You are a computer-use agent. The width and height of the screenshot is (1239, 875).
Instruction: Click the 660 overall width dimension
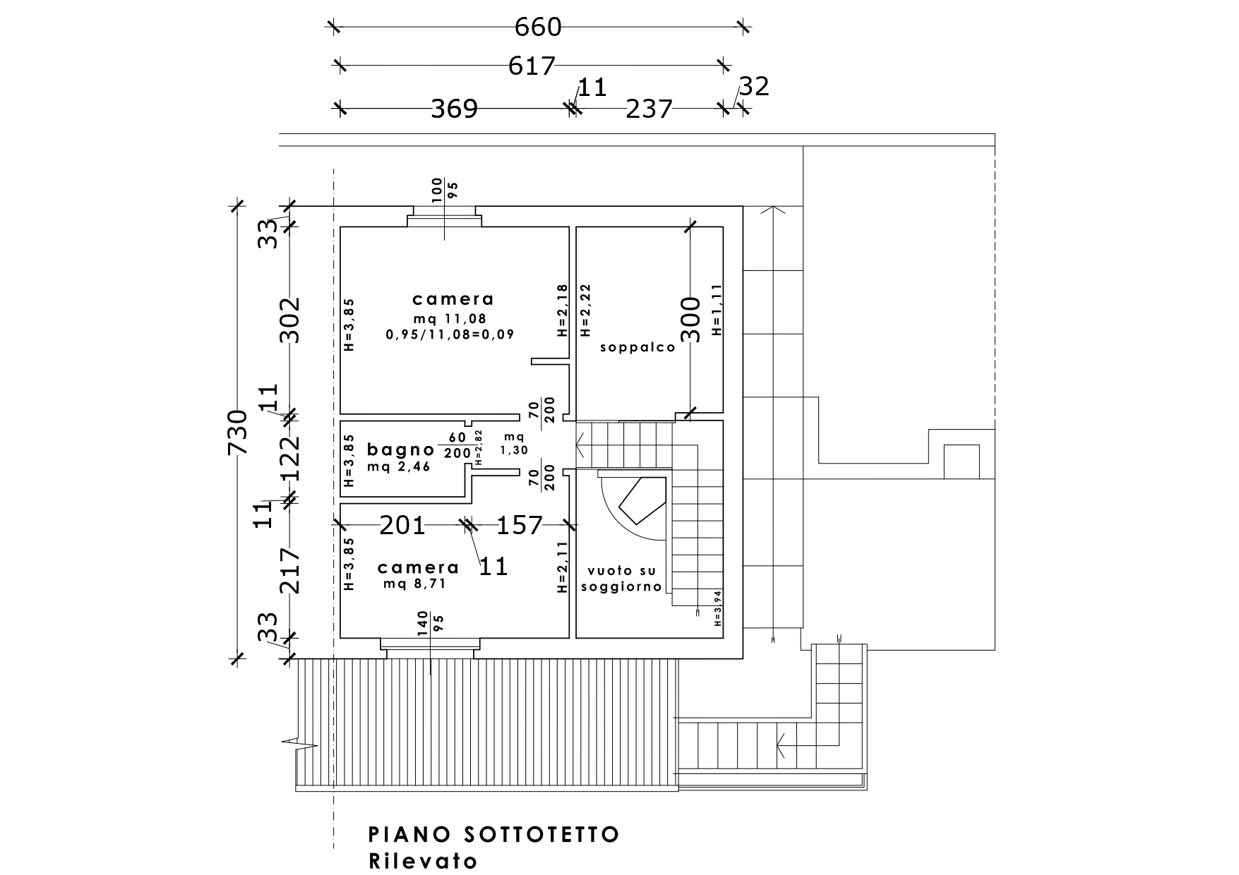pyautogui.click(x=538, y=27)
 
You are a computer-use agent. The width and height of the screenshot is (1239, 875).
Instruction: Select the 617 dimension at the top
pyautogui.click(x=532, y=66)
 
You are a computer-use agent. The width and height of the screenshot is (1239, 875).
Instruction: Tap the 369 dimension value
pyautogui.click(x=455, y=109)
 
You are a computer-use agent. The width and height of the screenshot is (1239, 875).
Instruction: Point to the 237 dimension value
pyautogui.click(x=649, y=109)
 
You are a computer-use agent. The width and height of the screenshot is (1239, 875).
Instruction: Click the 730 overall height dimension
pyautogui.click(x=238, y=432)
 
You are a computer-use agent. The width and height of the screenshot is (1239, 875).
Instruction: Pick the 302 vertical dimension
pyautogui.click(x=289, y=320)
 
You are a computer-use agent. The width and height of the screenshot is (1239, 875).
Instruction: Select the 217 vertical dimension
pyautogui.click(x=289, y=571)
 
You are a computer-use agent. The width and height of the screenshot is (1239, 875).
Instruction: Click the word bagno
pyautogui.click(x=401, y=449)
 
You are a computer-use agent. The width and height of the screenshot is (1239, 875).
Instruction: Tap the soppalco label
pyautogui.click(x=638, y=347)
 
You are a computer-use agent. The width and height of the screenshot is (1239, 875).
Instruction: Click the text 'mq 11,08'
pyautogui.click(x=450, y=318)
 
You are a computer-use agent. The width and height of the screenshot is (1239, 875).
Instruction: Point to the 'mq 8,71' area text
pyautogui.click(x=415, y=584)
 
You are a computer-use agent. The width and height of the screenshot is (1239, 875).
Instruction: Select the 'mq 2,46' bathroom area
pyautogui.click(x=399, y=466)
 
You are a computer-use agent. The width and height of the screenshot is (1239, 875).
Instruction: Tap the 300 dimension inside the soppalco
pyautogui.click(x=693, y=320)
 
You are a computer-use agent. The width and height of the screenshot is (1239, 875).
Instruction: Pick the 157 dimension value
pyautogui.click(x=520, y=525)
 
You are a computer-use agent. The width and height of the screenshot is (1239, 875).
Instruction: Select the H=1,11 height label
pyautogui.click(x=717, y=310)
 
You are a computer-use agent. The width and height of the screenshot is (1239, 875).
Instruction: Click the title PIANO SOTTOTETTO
pyautogui.click(x=494, y=834)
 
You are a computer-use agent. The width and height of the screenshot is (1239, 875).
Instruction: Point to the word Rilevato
pyautogui.click(x=423, y=861)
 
